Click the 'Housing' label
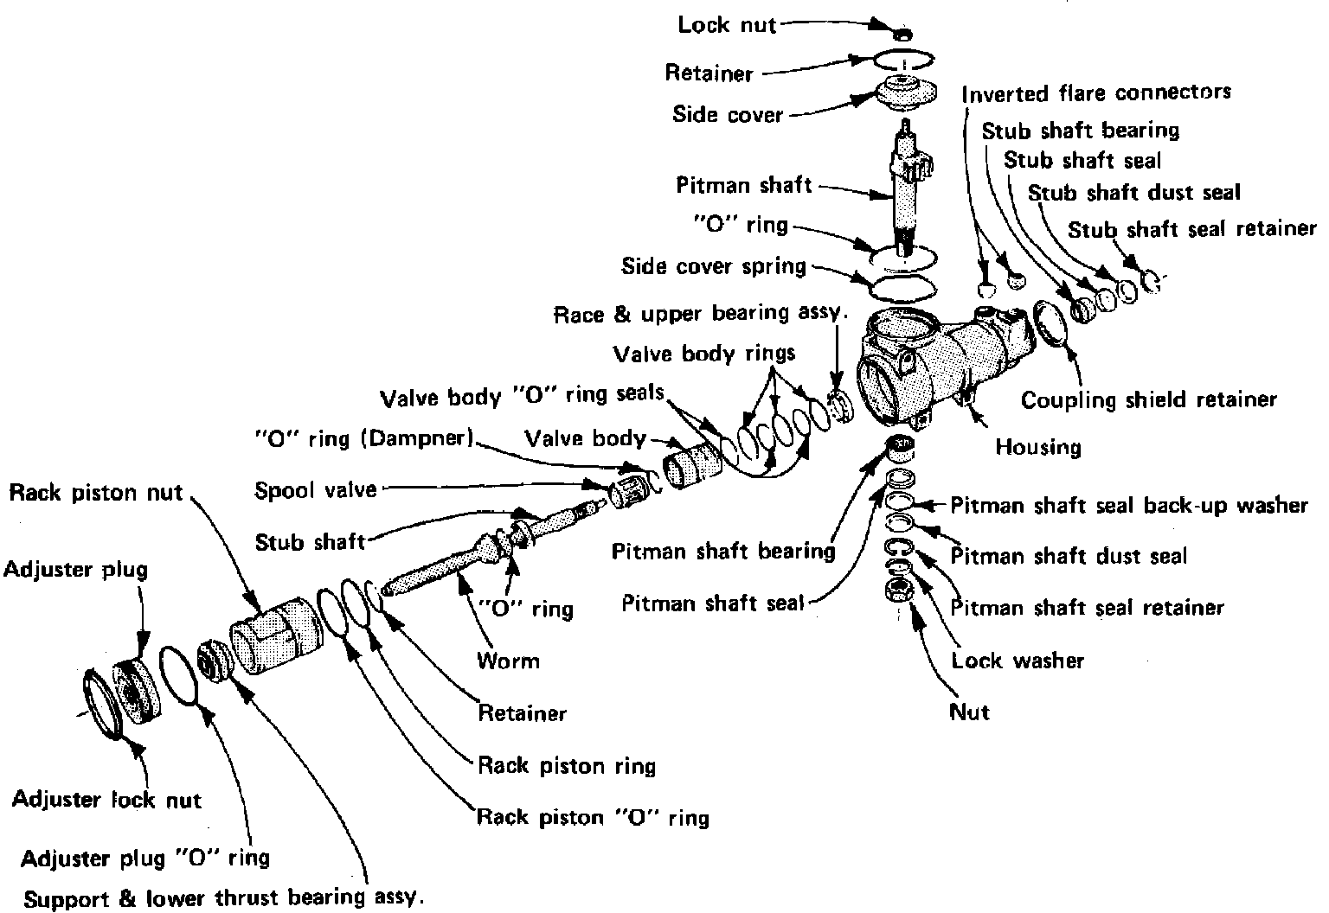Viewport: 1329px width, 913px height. [1037, 447]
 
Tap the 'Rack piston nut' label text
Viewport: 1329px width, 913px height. [96, 493]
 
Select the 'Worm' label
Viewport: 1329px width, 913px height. [508, 661]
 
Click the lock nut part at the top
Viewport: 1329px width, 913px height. [902, 34]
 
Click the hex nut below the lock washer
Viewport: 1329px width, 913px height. [897, 591]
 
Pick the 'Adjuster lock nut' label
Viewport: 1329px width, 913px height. [106, 799]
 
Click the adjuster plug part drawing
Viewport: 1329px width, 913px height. [138, 688]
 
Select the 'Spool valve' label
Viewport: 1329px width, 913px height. [316, 491]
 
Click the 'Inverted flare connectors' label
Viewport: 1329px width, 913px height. [1096, 93]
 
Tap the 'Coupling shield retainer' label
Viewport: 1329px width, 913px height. [1148, 399]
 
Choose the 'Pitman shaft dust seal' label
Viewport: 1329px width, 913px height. [1069, 556]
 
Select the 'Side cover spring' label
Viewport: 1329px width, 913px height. [714, 266]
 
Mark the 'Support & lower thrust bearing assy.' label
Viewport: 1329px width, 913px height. [224, 897]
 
